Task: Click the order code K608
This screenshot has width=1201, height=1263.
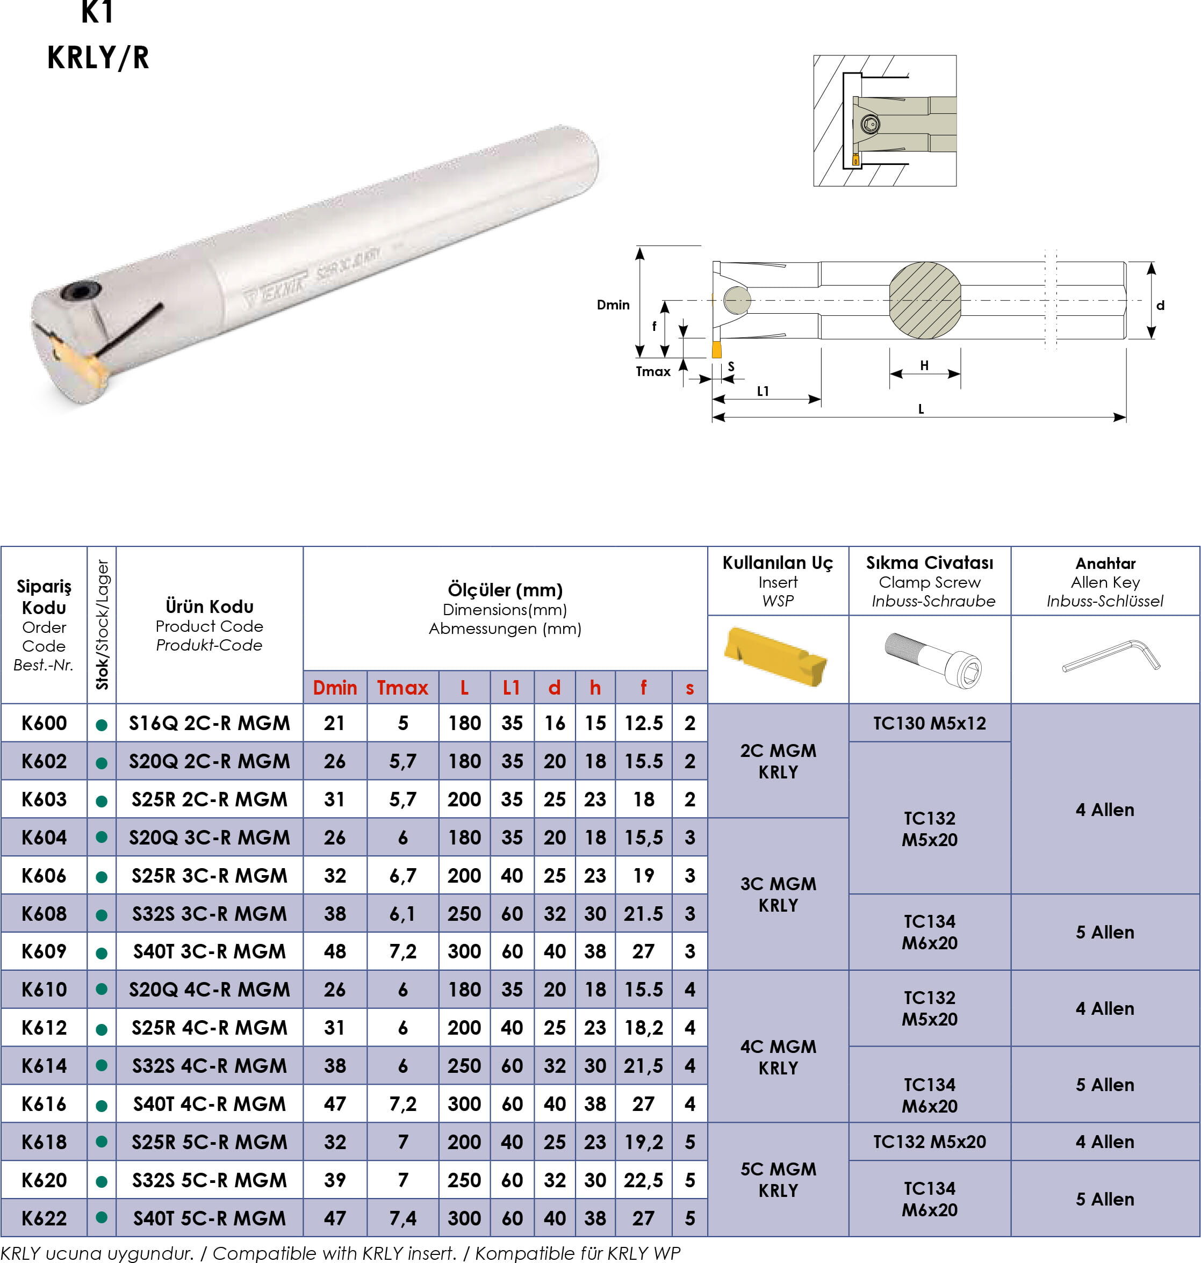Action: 44,913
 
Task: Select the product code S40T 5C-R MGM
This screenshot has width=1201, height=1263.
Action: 210,1218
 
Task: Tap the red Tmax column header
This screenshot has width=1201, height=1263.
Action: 402,688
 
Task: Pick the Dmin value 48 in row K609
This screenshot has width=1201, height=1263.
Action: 335,951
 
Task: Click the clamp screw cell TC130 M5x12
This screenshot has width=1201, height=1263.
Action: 930,723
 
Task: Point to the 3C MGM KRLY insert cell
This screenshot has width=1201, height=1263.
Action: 779,894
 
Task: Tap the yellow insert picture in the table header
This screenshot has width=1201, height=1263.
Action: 775,656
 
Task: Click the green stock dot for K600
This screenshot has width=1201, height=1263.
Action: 101,725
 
